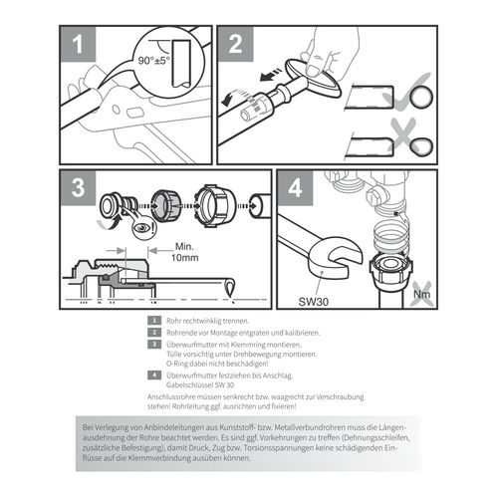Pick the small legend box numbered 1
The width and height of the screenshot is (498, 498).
(152, 321)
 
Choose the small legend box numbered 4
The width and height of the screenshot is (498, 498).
(152, 374)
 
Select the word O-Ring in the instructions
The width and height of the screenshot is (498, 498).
(175, 363)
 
